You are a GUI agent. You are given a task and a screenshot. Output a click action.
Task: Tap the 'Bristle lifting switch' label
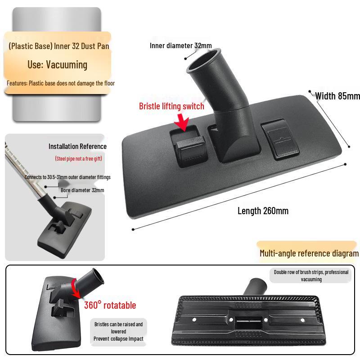171,107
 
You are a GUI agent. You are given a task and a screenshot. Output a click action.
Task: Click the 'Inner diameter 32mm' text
180,45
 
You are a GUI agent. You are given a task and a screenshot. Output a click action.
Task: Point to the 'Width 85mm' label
337,96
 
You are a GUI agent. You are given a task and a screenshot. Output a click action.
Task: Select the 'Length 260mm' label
263,211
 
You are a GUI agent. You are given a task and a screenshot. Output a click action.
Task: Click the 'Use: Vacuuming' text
57,64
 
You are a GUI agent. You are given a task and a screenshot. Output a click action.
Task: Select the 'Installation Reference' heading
77,146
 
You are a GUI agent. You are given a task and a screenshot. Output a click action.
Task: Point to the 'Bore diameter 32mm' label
82,190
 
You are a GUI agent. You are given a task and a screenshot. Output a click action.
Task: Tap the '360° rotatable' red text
110,306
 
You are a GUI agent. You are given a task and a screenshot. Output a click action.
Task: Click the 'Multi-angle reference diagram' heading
309,253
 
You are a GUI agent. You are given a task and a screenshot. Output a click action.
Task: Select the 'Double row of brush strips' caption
311,275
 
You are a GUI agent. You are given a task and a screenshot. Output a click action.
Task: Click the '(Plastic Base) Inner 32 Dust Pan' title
58,46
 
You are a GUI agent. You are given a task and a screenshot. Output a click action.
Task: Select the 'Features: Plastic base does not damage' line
61,83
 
